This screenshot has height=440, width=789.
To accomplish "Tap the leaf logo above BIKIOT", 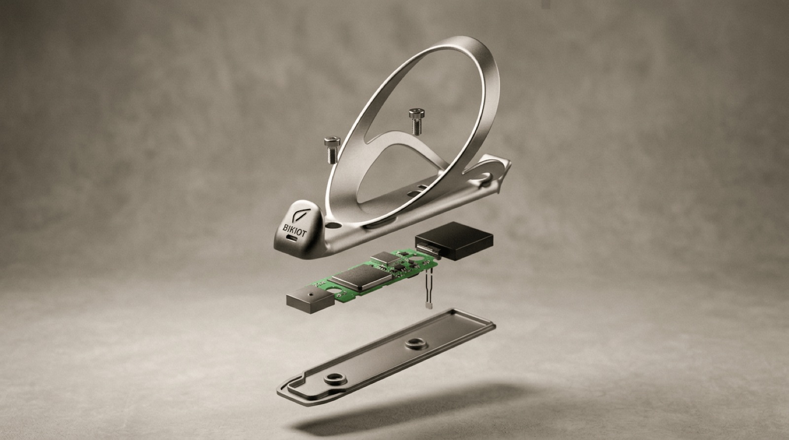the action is click(298, 215).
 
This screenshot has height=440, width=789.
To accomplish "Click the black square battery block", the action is click(454, 240).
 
